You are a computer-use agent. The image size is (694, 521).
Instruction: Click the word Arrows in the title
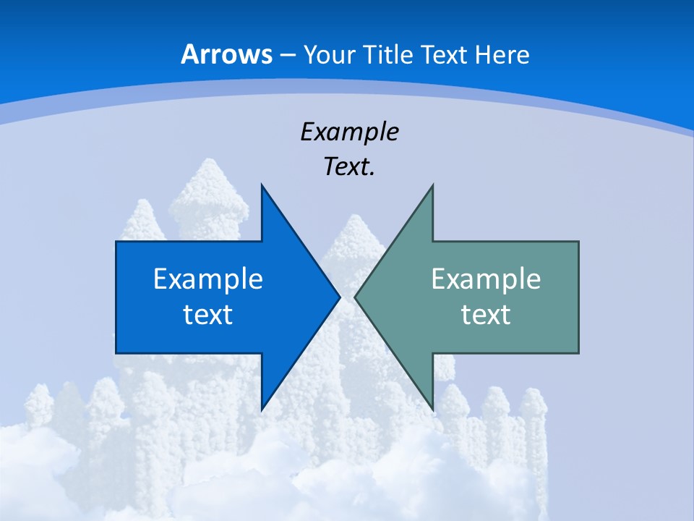(x=226, y=54)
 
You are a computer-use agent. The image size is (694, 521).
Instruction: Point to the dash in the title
(x=286, y=55)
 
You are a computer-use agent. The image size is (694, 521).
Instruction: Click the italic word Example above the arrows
(x=350, y=132)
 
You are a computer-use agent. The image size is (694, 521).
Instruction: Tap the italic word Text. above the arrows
(x=350, y=167)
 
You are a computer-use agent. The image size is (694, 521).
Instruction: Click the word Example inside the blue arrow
(x=208, y=279)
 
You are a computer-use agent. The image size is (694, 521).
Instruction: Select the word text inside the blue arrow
(x=208, y=315)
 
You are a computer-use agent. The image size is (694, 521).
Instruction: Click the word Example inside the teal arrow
(x=486, y=279)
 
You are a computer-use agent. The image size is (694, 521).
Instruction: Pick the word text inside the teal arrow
(x=486, y=315)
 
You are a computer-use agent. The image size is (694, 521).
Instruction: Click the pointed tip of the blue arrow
(x=339, y=297)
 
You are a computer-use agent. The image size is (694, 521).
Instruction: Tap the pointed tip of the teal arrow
(x=356, y=297)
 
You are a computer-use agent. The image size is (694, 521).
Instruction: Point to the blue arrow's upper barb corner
(x=262, y=185)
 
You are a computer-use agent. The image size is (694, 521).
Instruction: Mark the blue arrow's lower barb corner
(x=262, y=409)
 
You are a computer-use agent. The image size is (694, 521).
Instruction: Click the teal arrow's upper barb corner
(x=432, y=185)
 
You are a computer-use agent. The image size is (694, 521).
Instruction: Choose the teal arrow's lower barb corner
(x=432, y=409)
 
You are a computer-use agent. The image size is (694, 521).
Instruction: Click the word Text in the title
(x=442, y=54)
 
